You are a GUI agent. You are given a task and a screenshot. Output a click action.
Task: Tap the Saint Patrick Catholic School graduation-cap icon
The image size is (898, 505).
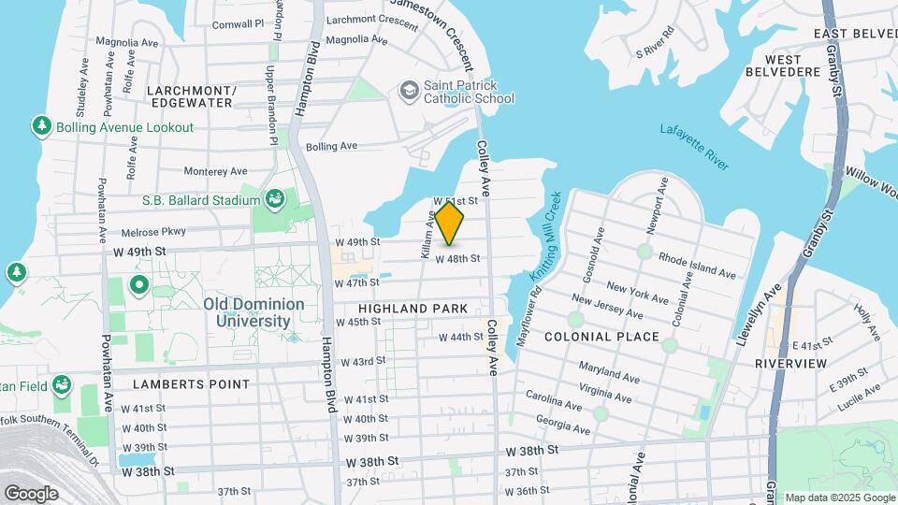(409, 91)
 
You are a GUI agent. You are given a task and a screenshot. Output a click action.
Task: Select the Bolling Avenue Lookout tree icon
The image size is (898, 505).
(41, 125)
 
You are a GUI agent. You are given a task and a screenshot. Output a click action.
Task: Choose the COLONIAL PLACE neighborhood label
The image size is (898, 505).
(601, 337)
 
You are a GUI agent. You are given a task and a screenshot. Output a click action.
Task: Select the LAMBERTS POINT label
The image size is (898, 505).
(191, 384)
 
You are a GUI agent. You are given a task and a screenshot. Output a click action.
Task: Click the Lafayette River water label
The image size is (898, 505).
(693, 147)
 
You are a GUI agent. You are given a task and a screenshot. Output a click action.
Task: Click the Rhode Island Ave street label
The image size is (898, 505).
(698, 265)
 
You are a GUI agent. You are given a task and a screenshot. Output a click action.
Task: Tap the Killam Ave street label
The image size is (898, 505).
(427, 234)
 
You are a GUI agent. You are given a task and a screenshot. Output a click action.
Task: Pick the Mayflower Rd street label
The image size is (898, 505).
(529, 318)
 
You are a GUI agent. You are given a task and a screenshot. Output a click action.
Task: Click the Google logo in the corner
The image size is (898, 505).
(31, 493)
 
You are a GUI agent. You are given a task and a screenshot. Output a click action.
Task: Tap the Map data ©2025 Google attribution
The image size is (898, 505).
(839, 498)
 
